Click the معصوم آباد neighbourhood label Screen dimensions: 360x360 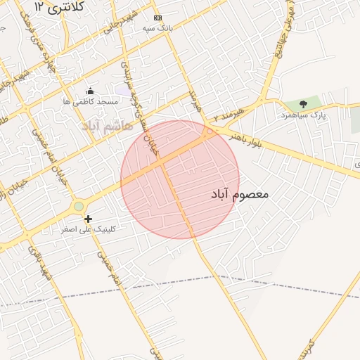point(240,193)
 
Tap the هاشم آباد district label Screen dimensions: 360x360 point(107,126)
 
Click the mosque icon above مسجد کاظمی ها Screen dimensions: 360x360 point(90,91)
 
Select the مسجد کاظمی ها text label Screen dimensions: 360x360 point(90,102)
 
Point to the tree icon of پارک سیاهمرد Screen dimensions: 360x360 point(303,104)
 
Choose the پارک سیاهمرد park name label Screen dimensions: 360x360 point(303,115)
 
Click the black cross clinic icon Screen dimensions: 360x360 point(88,219)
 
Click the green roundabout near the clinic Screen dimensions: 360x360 point(79,206)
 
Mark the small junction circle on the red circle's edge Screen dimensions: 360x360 point(210,131)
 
